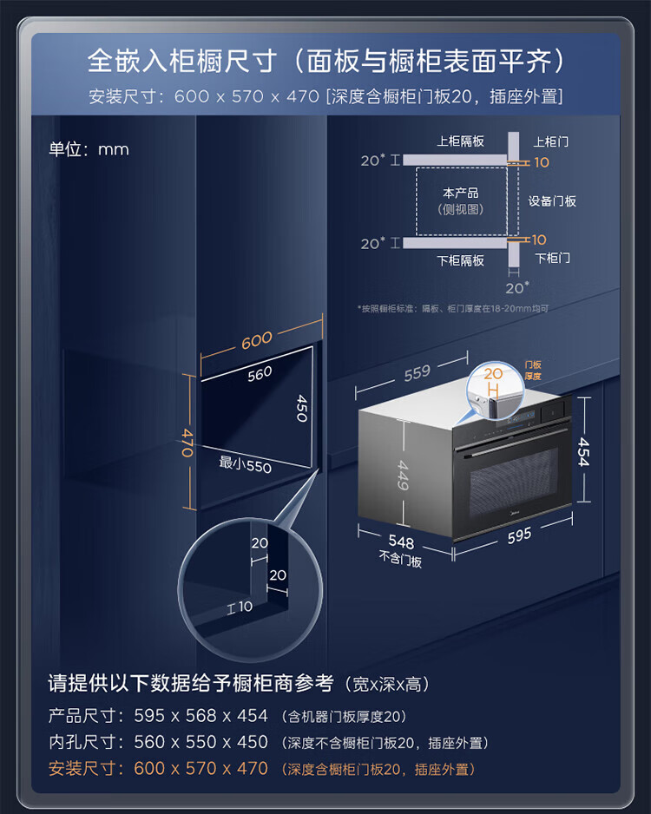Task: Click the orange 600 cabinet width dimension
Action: click(257, 340)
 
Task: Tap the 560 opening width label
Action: click(260, 374)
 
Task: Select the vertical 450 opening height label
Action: click(301, 408)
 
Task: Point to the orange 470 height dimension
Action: click(187, 443)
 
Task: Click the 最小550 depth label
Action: click(245, 463)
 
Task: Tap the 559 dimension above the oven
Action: click(418, 373)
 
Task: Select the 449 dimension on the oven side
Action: click(403, 475)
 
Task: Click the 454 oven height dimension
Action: click(584, 451)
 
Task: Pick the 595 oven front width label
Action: click(519, 535)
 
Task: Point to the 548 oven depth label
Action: click(401, 542)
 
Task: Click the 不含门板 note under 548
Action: click(400, 559)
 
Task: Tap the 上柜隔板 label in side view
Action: click(461, 141)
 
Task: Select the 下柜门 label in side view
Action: click(552, 258)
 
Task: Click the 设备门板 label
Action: click(552, 201)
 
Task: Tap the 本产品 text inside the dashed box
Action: click(461, 194)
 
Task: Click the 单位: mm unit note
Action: click(89, 149)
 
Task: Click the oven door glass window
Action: click(514, 482)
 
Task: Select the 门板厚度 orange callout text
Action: click(533, 371)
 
